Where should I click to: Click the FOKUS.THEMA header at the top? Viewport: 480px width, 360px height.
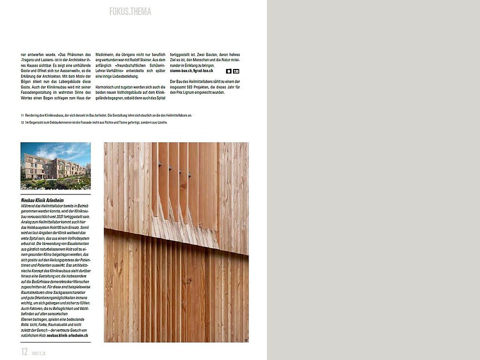coord(130,11)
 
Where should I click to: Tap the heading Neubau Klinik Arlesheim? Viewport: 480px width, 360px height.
coord(43,200)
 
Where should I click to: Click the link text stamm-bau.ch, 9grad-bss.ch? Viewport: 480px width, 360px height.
coord(192,71)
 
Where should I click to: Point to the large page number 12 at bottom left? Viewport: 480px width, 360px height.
coord(24,352)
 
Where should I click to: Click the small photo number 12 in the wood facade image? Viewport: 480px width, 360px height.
coord(246,340)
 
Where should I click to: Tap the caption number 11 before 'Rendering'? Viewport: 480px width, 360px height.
coord(22,115)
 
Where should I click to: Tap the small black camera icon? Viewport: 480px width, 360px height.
coord(229,71)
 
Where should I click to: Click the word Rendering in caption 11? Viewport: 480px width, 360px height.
coord(34,115)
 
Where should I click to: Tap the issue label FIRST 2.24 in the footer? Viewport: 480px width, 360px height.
coord(39,353)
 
